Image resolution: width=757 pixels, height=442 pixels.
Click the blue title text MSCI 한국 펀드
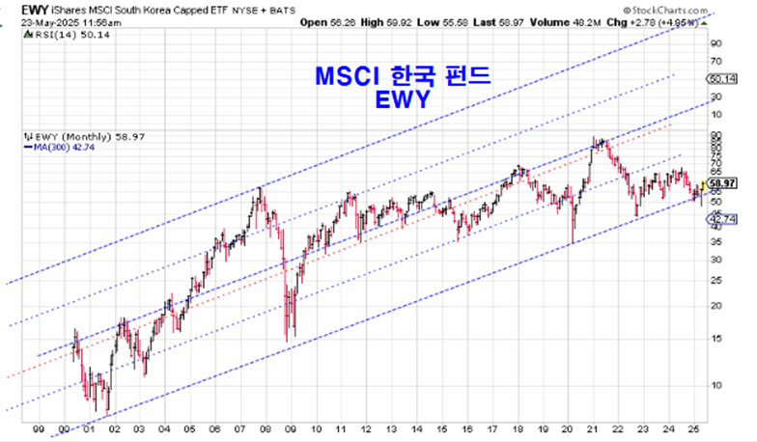[x=404, y=77]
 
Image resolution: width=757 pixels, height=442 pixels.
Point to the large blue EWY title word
[x=404, y=100]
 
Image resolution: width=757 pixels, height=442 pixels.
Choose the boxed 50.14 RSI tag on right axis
[x=721, y=79]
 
